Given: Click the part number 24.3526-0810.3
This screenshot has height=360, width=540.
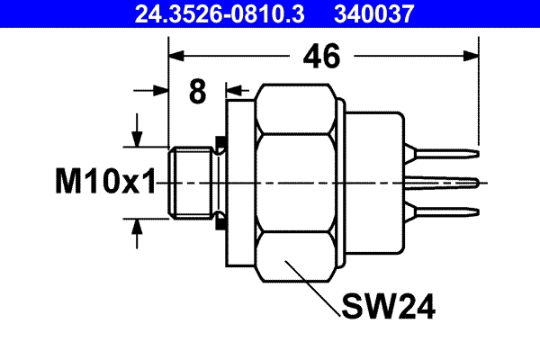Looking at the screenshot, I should tap(210, 13).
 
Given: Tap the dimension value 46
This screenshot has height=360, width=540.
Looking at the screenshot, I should tap(320, 57).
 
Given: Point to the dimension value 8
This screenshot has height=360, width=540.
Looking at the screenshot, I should tap(198, 91).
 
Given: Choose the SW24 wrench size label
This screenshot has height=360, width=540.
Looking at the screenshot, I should tap(388, 308).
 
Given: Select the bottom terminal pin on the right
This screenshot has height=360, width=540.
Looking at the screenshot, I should tap(445, 212).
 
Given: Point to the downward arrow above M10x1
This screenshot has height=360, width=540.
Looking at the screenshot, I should tap(137, 137).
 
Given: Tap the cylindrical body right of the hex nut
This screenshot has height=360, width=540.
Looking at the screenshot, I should tap(373, 183).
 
